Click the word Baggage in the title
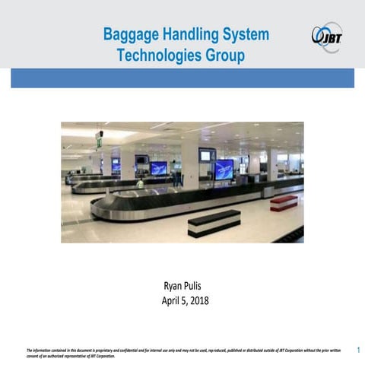(128, 35)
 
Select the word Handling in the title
(187, 35)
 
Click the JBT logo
(327, 36)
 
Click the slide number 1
(357, 351)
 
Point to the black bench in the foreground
(214, 222)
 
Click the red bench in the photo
(284, 202)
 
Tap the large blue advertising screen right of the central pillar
(224, 169)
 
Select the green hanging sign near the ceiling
(99, 141)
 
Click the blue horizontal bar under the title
(182, 78)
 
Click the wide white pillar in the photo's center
(189, 163)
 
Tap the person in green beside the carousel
(140, 182)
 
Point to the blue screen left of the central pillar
(159, 168)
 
